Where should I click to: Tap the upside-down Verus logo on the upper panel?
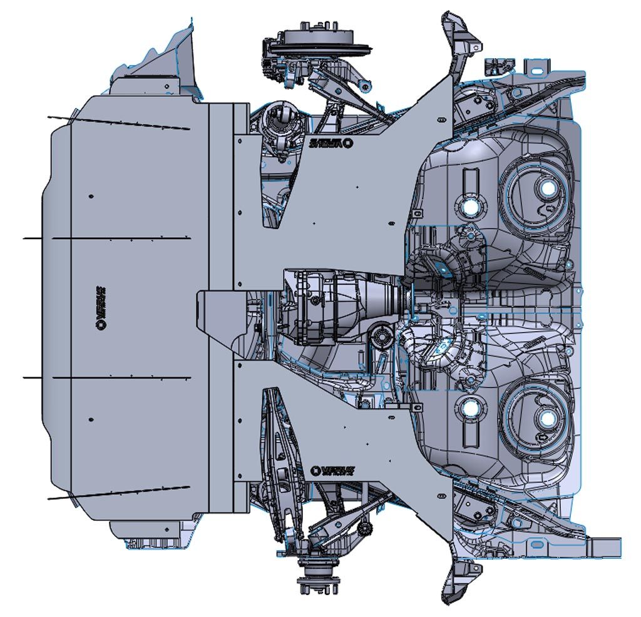(331, 143)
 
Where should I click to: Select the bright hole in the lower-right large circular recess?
(546, 419)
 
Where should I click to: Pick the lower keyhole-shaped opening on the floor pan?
(469, 408)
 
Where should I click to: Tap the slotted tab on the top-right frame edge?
(536, 66)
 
